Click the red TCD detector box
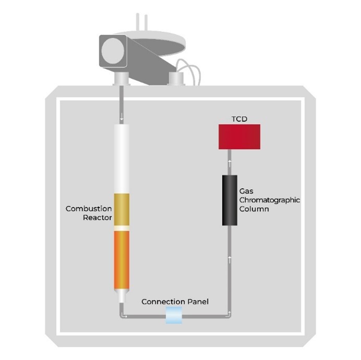[239, 136]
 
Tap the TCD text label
[239, 119]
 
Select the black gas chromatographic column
[230, 200]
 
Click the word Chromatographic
[269, 200]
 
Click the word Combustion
[89, 209]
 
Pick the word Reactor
[98, 218]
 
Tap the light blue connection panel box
[174, 315]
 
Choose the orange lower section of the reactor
[121, 259]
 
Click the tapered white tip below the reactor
[121, 296]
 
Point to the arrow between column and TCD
[230, 162]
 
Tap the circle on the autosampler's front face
[112, 50]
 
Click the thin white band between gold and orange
[121, 228]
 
